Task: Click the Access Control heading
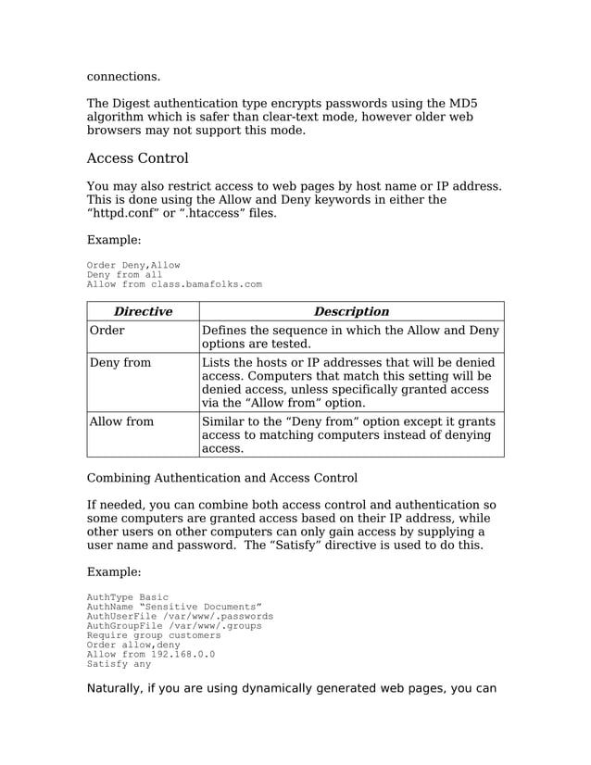137,158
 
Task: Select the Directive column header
143,311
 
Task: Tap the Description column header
351,311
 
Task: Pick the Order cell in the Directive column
107,331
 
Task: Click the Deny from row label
119,363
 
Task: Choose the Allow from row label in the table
121,422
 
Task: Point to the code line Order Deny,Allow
133,265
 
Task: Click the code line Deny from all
125,275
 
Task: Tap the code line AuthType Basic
128,597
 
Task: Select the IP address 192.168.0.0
182,655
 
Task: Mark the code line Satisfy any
119,664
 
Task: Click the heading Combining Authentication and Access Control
221,478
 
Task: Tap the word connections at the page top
123,76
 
